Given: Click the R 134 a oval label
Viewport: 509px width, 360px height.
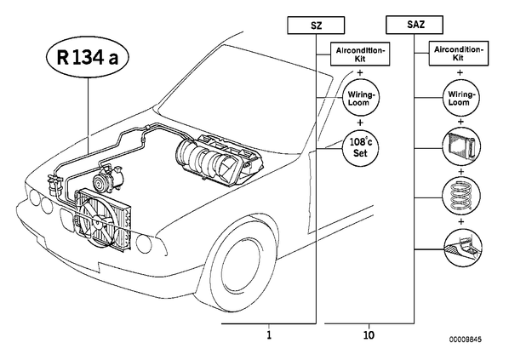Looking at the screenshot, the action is pos(88,58).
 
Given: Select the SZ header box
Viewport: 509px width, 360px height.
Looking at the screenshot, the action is pos(316,26).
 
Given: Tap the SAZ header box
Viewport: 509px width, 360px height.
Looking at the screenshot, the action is pos(415,25).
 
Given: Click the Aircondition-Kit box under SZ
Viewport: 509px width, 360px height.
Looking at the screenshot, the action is pos(360,54).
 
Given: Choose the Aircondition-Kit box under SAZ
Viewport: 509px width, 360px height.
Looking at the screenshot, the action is pos(459,54).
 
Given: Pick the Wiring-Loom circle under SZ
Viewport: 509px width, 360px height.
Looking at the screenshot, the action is pos(361,98).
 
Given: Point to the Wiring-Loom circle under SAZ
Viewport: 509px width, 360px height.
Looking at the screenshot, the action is pos(461,98).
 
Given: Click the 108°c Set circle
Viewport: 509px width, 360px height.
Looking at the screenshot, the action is pos(360,147).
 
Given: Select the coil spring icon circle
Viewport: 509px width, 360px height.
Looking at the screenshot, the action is pos(461,196).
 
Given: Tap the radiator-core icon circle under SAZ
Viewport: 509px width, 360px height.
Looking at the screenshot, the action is pos(461,146).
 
